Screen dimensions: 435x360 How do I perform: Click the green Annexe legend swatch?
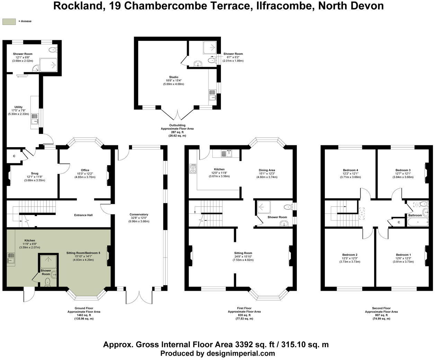[9, 21]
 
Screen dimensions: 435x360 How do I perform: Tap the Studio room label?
[174, 77]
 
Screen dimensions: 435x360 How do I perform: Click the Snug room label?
[34, 173]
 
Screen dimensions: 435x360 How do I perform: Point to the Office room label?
[85, 170]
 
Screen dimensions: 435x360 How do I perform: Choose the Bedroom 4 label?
[350, 170]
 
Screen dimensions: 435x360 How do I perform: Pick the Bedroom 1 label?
[403, 255]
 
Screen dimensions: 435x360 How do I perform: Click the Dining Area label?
[267, 170]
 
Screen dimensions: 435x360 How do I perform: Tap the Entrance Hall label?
[83, 215]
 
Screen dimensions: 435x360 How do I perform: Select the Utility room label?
[18, 107]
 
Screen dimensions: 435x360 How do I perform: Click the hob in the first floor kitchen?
[193, 169]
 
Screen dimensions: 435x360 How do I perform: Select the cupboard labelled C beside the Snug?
[14, 156]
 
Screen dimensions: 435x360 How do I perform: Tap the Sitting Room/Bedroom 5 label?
[83, 253]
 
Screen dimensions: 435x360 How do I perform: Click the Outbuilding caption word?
[177, 125]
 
